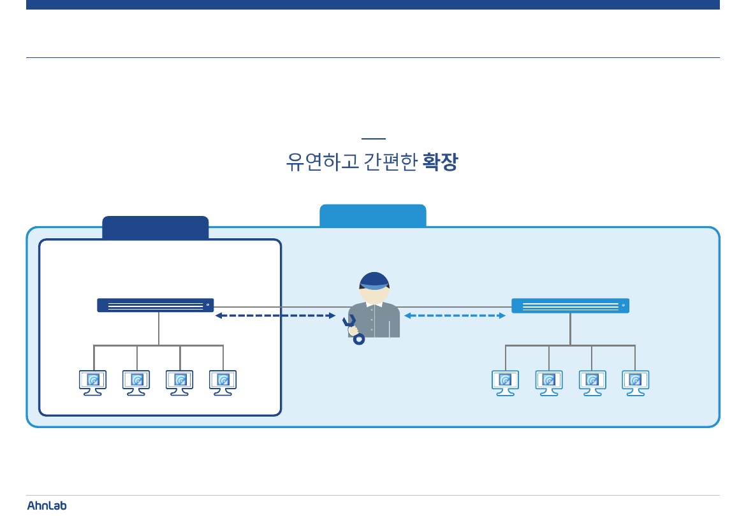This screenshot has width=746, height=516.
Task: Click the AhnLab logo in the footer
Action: click(47, 505)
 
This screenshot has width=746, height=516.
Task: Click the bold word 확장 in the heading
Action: click(440, 162)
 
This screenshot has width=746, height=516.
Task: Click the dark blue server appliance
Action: click(155, 305)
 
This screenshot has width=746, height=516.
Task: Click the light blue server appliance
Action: click(570, 306)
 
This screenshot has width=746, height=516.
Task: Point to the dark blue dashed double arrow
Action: click(275, 315)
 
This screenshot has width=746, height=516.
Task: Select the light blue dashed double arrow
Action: click(455, 315)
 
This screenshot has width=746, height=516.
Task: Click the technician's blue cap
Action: click(374, 280)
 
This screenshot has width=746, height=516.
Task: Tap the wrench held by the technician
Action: click(353, 329)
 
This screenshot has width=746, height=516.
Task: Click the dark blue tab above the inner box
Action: click(155, 228)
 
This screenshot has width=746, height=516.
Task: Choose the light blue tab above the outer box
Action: click(372, 215)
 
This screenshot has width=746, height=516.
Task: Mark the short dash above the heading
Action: click(373, 138)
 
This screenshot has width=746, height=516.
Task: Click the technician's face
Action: click(374, 296)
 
